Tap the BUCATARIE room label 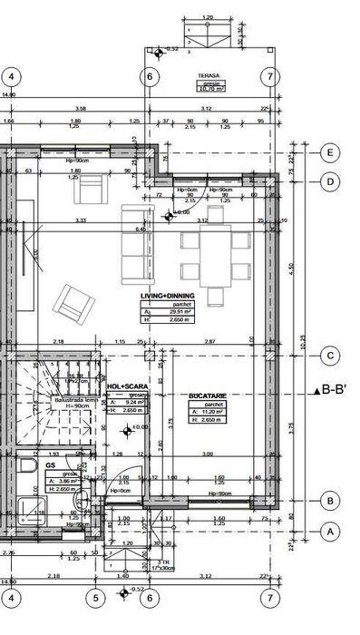click(x=207, y=396)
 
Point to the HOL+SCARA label click(x=127, y=386)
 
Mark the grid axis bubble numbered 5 click(x=94, y=598)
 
